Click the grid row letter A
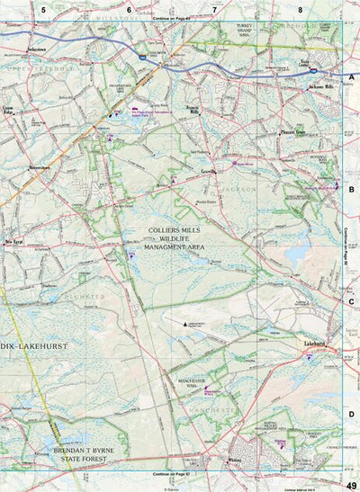[352, 78]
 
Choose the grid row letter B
[352, 190]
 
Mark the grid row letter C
[352, 302]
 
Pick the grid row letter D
[352, 414]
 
